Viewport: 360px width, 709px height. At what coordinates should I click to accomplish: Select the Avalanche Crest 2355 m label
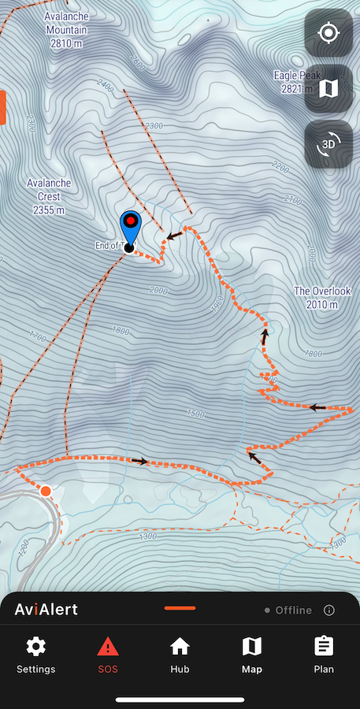(49, 196)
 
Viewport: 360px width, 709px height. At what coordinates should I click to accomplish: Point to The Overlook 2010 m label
(322, 297)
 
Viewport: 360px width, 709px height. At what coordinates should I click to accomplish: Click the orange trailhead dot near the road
(46, 492)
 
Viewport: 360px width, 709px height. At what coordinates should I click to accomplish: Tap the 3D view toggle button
(328, 144)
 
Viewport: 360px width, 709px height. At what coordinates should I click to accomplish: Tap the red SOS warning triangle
(108, 648)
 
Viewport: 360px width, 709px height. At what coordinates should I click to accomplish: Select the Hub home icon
(180, 648)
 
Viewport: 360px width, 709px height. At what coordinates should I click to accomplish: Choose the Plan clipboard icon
(324, 648)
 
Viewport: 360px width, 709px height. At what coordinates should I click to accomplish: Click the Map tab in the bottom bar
(252, 655)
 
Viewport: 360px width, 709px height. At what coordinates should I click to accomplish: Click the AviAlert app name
(46, 610)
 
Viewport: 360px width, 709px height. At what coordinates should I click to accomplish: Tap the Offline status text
(293, 611)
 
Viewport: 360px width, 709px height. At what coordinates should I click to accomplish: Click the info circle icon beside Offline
(329, 611)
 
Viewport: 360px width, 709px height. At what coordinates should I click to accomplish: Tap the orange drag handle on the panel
(180, 608)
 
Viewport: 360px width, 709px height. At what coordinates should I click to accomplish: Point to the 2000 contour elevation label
(159, 291)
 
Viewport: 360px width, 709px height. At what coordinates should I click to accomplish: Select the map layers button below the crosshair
(328, 89)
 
